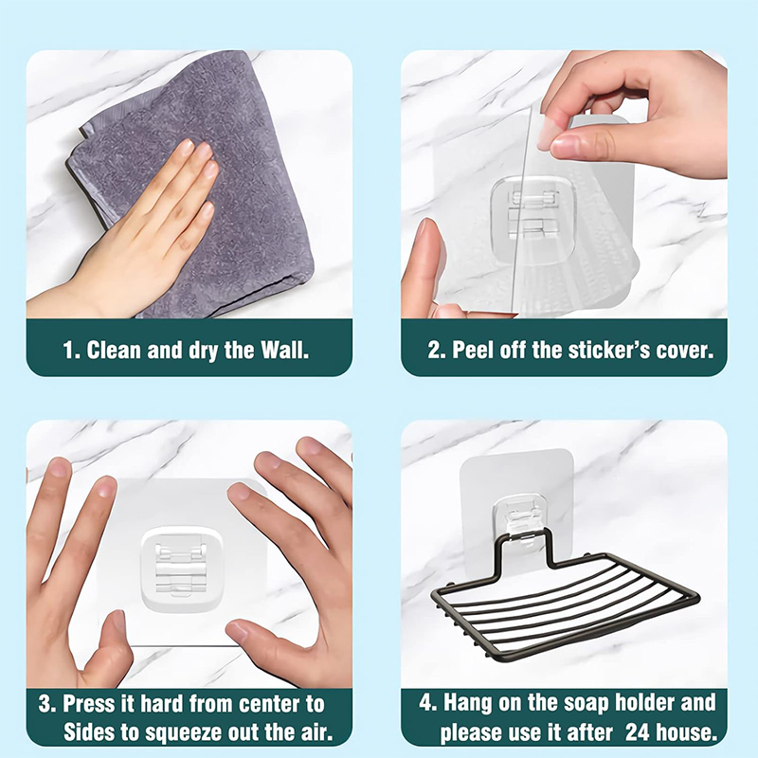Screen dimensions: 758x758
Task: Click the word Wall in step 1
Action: coord(284,350)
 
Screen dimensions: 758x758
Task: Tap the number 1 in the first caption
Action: coord(68,350)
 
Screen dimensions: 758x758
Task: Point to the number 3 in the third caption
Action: coord(45,704)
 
